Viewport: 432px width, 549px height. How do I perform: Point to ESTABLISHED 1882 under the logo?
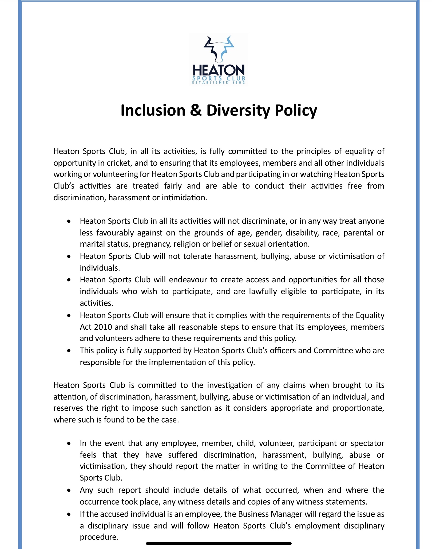tap(219, 83)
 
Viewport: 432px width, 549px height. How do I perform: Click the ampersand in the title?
tap(196, 110)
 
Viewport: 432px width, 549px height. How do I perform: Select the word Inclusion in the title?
tap(153, 110)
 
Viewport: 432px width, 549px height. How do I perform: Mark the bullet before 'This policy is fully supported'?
tap(69, 351)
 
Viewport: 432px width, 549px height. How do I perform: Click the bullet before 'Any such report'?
tap(69, 490)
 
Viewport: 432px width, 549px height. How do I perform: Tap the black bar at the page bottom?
tap(219, 543)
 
